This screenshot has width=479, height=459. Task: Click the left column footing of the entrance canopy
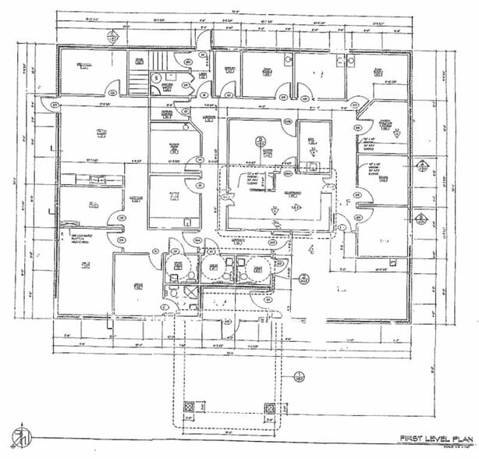coord(188,408)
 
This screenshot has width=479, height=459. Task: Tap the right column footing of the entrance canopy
coord(270,408)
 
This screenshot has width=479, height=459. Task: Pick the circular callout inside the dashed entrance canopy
coord(297,379)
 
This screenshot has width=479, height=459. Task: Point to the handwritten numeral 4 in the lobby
coord(310,250)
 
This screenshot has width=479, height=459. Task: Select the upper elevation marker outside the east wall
coord(421,165)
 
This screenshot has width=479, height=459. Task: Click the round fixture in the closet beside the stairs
coord(156,78)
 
